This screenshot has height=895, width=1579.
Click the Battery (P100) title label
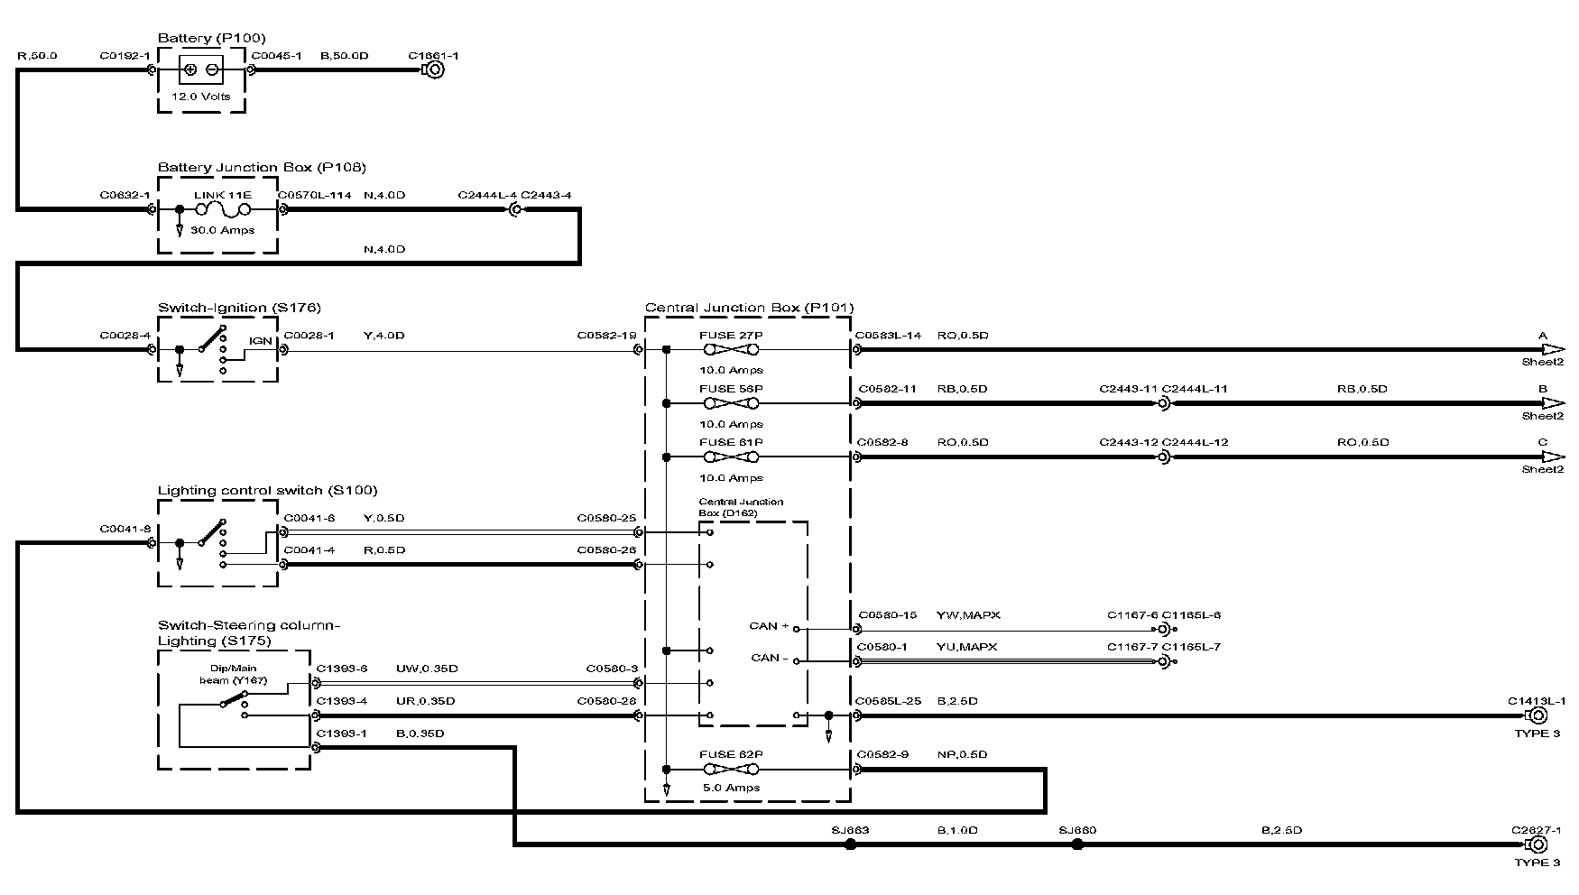(x=199, y=38)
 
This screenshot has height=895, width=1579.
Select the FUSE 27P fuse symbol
(x=731, y=350)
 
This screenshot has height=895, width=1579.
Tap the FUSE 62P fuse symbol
(x=731, y=770)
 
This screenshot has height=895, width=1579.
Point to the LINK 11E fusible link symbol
(x=222, y=210)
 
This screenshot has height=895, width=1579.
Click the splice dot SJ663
(x=850, y=844)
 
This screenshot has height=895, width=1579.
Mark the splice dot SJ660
(x=1076, y=844)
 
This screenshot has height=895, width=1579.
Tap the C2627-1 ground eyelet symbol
(x=1536, y=844)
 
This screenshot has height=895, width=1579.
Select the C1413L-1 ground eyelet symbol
(x=1536, y=715)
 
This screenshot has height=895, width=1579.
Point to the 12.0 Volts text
(x=201, y=97)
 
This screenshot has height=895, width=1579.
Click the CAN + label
(x=769, y=626)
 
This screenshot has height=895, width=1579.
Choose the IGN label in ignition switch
(x=260, y=341)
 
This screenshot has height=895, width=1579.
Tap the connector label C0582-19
(x=606, y=336)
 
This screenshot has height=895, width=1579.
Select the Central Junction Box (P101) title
(x=749, y=308)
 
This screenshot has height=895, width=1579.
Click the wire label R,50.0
(x=37, y=56)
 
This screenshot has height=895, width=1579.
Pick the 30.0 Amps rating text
(x=222, y=230)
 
